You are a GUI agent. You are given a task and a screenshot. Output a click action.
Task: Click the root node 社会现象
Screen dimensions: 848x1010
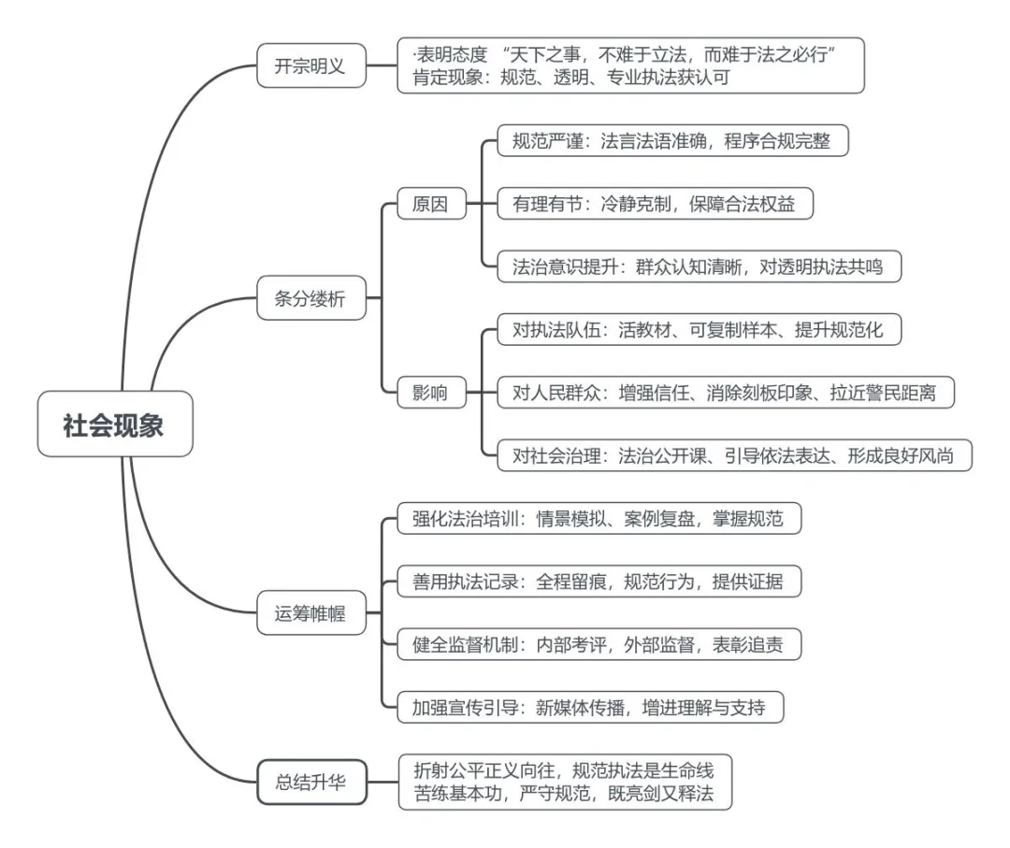click(x=114, y=425)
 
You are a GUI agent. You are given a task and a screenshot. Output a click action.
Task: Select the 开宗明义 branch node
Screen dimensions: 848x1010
click(x=311, y=66)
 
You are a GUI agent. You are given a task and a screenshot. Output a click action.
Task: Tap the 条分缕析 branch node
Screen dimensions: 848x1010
click(x=311, y=299)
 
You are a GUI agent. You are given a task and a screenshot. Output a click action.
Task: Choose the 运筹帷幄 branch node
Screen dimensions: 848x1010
click(x=311, y=614)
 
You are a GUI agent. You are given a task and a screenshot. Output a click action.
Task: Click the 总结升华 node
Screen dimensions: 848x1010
click(x=311, y=782)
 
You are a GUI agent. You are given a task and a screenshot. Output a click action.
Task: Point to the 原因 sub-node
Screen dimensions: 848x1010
click(x=429, y=204)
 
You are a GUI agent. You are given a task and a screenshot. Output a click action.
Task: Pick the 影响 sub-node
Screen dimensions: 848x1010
click(x=429, y=392)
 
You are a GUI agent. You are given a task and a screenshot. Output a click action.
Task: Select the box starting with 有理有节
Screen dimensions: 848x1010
click(x=653, y=204)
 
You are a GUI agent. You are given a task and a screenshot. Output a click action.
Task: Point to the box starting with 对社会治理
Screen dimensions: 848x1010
click(x=734, y=454)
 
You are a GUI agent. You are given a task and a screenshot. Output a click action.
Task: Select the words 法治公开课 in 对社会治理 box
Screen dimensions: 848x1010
click(x=660, y=455)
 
